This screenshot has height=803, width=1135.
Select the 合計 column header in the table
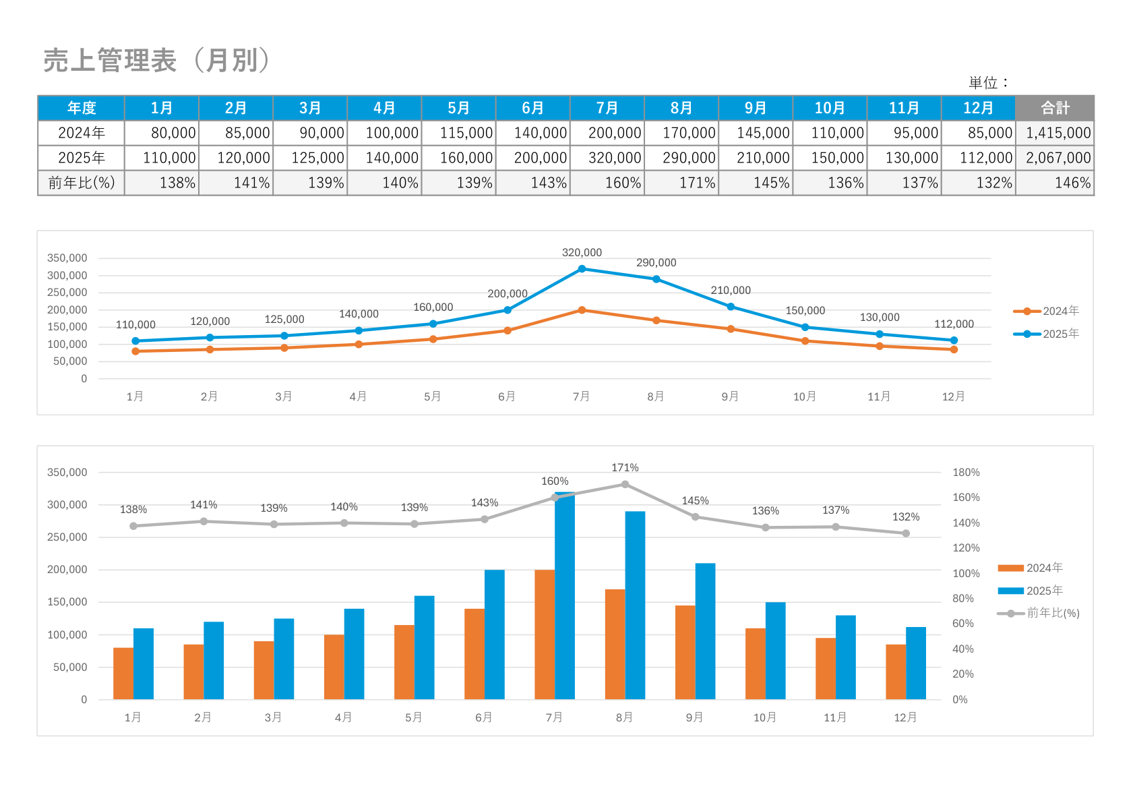[x=1054, y=108]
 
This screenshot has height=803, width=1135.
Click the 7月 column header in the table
[x=607, y=108]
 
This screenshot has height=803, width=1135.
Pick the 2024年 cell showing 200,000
[x=614, y=133]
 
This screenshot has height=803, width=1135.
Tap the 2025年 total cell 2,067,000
[x=1057, y=158]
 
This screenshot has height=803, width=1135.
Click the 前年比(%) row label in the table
[x=82, y=183]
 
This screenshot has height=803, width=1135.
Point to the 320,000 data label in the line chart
[x=582, y=252]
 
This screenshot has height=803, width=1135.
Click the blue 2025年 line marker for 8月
[x=656, y=279]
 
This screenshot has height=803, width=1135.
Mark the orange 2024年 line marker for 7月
[x=582, y=310]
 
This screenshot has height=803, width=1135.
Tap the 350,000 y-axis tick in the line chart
[x=67, y=258]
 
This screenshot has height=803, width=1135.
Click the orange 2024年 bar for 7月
[x=545, y=634]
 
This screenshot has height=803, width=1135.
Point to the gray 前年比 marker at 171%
[x=625, y=484]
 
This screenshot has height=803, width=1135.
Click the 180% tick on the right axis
[x=966, y=473]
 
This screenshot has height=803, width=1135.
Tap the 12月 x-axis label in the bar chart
[x=905, y=717]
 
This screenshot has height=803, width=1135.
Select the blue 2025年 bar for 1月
[x=144, y=663]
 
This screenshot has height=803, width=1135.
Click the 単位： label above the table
[x=989, y=83]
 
